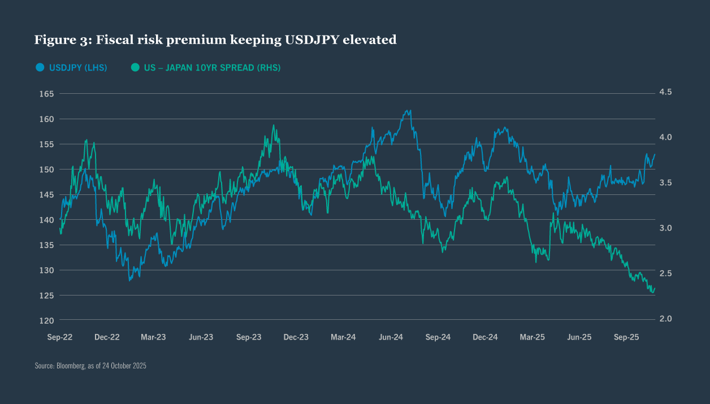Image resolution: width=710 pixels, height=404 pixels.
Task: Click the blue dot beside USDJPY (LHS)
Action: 40,67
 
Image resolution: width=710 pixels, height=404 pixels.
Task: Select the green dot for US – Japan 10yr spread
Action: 135,67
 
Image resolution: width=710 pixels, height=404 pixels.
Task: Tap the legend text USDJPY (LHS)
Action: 78,67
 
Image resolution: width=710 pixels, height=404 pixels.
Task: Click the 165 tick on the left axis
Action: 46,94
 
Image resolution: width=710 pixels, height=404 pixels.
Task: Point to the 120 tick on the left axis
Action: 46,320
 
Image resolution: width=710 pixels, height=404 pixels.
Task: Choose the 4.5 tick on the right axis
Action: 665,92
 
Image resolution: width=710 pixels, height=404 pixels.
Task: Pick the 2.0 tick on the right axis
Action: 665,319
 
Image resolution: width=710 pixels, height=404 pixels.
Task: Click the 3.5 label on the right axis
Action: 665,183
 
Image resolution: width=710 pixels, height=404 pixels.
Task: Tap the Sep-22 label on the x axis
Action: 60,337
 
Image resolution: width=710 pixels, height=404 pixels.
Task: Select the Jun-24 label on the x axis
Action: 391,337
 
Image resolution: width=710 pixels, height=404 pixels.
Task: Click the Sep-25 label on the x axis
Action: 626,337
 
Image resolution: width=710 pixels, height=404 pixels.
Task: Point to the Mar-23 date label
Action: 153,337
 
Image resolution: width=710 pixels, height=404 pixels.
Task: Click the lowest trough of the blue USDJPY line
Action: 129,280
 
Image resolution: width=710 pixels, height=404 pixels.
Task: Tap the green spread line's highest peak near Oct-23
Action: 274,125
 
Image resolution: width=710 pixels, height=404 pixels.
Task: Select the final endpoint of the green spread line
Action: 655,289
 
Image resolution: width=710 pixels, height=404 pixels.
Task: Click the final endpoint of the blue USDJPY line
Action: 655,154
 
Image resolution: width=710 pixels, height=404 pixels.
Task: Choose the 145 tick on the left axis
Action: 46,195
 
